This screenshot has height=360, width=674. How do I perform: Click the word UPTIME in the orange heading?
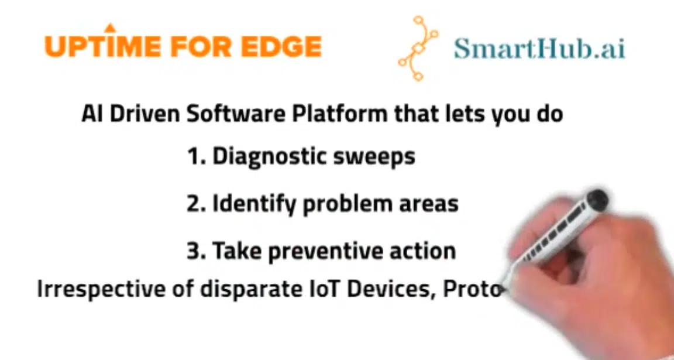[103, 46]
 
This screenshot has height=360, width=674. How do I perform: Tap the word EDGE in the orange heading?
[281, 46]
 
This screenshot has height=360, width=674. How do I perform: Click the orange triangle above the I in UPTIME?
[110, 28]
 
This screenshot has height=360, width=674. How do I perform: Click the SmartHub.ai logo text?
[539, 48]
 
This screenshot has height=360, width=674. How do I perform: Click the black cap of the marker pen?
[597, 198]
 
